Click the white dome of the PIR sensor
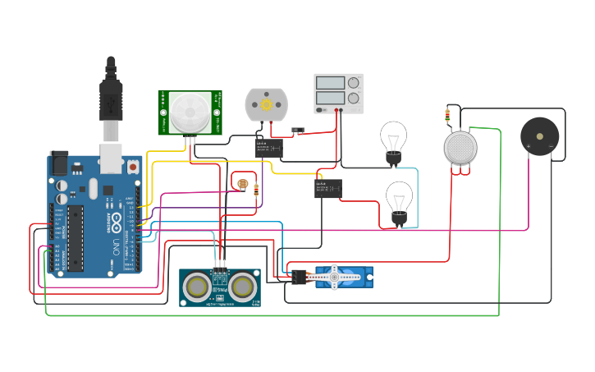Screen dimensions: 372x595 (x=190, y=111)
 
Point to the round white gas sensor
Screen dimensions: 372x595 (x=460, y=147)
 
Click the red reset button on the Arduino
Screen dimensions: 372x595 (x=133, y=168)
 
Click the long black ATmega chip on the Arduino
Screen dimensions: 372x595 (x=76, y=238)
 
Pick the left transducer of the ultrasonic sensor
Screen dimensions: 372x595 (x=196, y=286)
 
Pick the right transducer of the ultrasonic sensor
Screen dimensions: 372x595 (x=242, y=286)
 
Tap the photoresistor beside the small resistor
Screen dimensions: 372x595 (x=241, y=183)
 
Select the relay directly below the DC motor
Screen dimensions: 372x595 (x=269, y=149)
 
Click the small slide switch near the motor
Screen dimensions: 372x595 (x=300, y=131)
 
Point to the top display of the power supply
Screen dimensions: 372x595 (x=330, y=83)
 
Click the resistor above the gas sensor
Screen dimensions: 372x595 (x=446, y=115)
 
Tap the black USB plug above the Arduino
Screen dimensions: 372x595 (x=111, y=90)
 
